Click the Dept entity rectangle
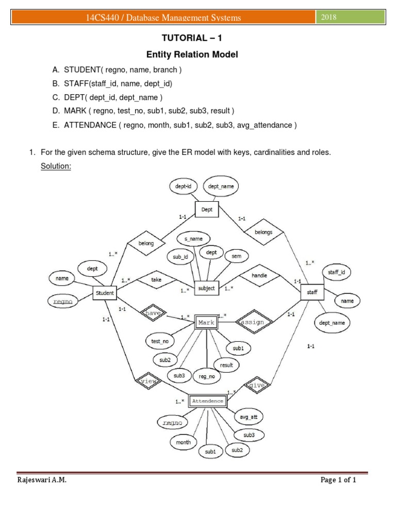207,209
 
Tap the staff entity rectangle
312,292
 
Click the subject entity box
206,288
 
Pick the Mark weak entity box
208,323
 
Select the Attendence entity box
208,401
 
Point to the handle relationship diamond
259,276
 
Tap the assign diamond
253,322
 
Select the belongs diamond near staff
263,232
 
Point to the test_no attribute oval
159,341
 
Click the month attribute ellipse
183,442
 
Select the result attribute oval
226,365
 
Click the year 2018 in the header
329,17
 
